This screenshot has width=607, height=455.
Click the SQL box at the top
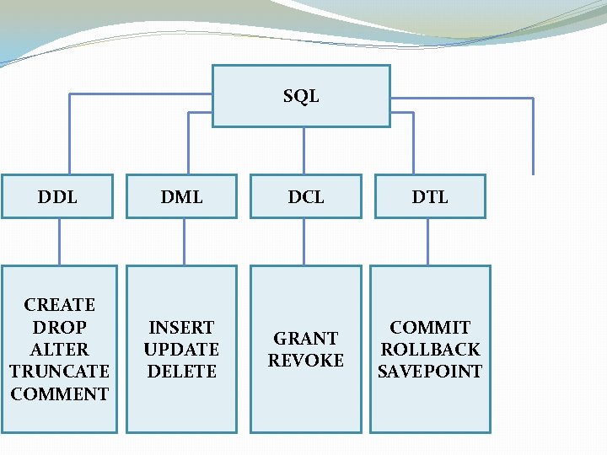(x=301, y=96)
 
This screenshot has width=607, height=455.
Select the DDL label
(x=57, y=197)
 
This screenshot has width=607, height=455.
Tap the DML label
(x=182, y=197)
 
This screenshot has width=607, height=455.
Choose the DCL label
(x=306, y=197)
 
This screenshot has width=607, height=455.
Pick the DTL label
(x=430, y=197)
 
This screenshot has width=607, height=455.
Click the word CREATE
(x=60, y=305)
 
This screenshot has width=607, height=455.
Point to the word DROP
(x=60, y=327)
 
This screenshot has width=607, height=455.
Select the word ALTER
(x=60, y=349)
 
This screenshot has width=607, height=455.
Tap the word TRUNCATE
(x=60, y=371)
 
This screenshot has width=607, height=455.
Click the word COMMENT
(x=60, y=393)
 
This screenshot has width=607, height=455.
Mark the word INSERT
(x=181, y=327)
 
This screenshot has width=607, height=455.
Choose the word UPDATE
(x=181, y=349)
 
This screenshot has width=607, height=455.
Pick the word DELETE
(x=181, y=371)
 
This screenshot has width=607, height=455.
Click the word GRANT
(x=306, y=339)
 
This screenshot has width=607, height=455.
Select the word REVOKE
(x=306, y=361)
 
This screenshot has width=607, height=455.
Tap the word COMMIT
(x=430, y=327)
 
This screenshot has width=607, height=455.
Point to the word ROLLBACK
(x=430, y=349)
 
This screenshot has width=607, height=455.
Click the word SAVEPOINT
(x=430, y=371)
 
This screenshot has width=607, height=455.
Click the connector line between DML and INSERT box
(x=184, y=242)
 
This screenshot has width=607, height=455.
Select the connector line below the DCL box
(x=307, y=242)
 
